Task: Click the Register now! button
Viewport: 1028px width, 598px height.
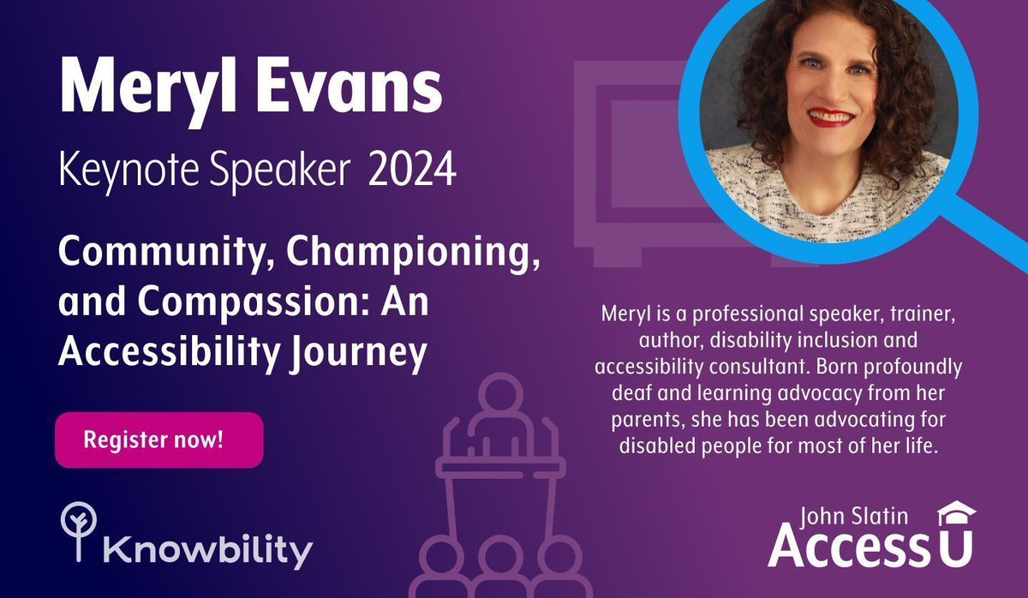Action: tap(158, 440)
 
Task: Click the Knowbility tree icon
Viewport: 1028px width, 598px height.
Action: tap(78, 532)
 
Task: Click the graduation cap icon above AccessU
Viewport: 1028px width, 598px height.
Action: tap(956, 513)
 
